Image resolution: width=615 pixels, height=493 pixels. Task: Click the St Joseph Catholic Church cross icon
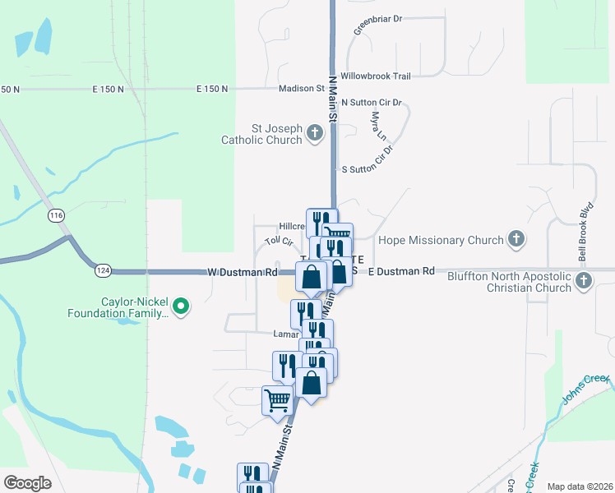pyautogui.click(x=314, y=133)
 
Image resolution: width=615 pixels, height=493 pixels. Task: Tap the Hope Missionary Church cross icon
pyautogui.click(x=516, y=240)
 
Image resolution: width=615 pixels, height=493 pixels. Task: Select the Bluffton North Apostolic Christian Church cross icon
pyautogui.click(x=584, y=281)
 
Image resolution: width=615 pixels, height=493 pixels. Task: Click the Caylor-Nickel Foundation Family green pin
pyautogui.click(x=183, y=307)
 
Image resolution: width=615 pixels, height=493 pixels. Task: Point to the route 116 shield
pyautogui.click(x=56, y=215)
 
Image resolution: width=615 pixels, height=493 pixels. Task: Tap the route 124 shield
pyautogui.click(x=102, y=270)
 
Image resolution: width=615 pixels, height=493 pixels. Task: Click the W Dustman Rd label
pyautogui.click(x=242, y=271)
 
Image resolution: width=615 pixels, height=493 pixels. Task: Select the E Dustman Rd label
pyautogui.click(x=400, y=271)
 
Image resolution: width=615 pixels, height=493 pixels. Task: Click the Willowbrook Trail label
pyautogui.click(x=376, y=76)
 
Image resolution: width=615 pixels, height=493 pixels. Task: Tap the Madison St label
pyautogui.click(x=302, y=88)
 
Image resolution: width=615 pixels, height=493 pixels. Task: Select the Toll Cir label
pyautogui.click(x=280, y=242)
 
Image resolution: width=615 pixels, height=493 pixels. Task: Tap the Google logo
pyautogui.click(x=27, y=483)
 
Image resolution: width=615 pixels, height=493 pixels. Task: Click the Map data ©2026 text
pyautogui.click(x=579, y=486)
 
